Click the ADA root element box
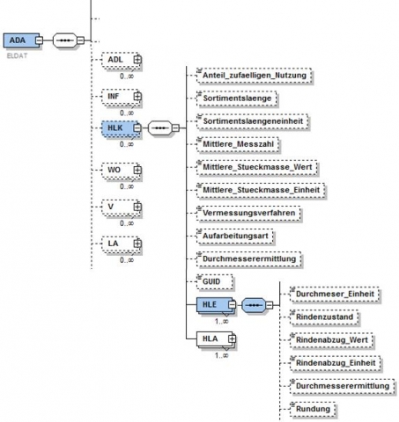click(x=21, y=40)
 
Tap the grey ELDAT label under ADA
click(x=17, y=55)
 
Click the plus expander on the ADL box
click(x=137, y=60)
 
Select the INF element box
click(x=121, y=97)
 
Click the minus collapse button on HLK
click(x=137, y=128)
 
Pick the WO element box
click(x=121, y=170)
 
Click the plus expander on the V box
click(x=137, y=207)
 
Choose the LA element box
click(x=121, y=244)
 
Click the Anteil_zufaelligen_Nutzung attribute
click(x=255, y=76)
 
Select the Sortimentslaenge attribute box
click(x=237, y=98)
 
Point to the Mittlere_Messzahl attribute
click(x=238, y=144)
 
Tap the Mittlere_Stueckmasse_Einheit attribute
click(x=261, y=190)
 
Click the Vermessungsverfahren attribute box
click(x=248, y=213)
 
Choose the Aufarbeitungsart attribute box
click(x=235, y=236)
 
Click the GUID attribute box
click(x=215, y=281)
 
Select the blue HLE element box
click(x=216, y=305)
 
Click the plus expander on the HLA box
click(x=232, y=339)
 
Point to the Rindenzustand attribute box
click(x=324, y=317)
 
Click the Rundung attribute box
click(x=313, y=409)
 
